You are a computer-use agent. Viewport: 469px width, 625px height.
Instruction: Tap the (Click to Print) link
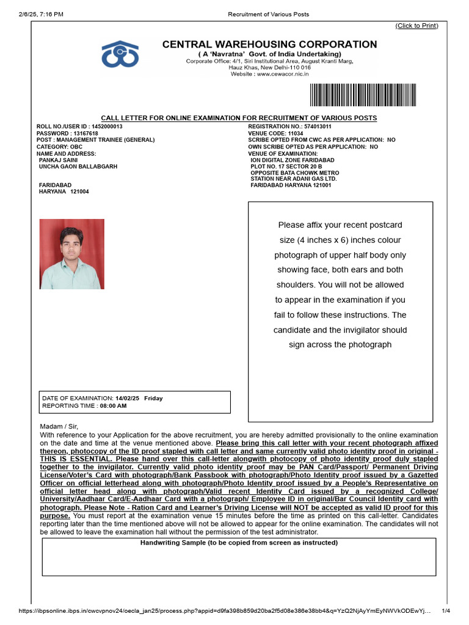(x=416, y=26)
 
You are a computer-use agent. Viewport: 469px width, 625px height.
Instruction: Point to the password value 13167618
(x=85, y=133)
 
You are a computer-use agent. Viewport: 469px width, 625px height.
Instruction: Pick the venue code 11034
(x=296, y=133)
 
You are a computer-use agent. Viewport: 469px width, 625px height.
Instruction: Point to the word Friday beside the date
(x=153, y=399)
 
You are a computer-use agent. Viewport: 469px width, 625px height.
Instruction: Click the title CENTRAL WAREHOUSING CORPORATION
(x=269, y=45)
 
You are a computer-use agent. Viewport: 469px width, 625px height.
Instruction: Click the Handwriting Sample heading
(x=239, y=543)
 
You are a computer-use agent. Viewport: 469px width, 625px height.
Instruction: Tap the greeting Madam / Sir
(x=59, y=426)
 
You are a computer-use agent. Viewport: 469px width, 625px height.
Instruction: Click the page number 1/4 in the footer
(x=446, y=611)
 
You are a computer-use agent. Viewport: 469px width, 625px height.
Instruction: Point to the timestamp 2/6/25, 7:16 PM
(x=41, y=14)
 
